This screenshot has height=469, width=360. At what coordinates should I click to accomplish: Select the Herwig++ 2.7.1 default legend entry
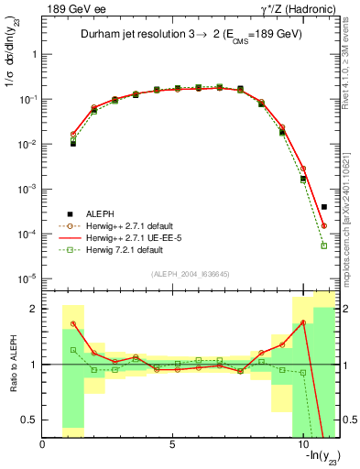(x=123, y=224)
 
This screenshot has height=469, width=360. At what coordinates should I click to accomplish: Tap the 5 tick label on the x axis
(x=172, y=445)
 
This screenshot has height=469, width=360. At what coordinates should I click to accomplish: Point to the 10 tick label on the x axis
(x=301, y=445)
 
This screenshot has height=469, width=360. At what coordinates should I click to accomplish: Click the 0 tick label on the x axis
(x=43, y=445)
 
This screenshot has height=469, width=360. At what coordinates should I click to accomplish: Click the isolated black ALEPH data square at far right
(x=324, y=207)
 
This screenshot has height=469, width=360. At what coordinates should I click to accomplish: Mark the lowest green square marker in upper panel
(x=324, y=245)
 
